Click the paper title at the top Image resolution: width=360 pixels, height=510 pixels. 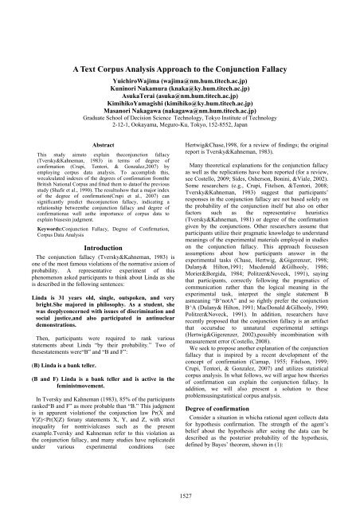click(x=179, y=25)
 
